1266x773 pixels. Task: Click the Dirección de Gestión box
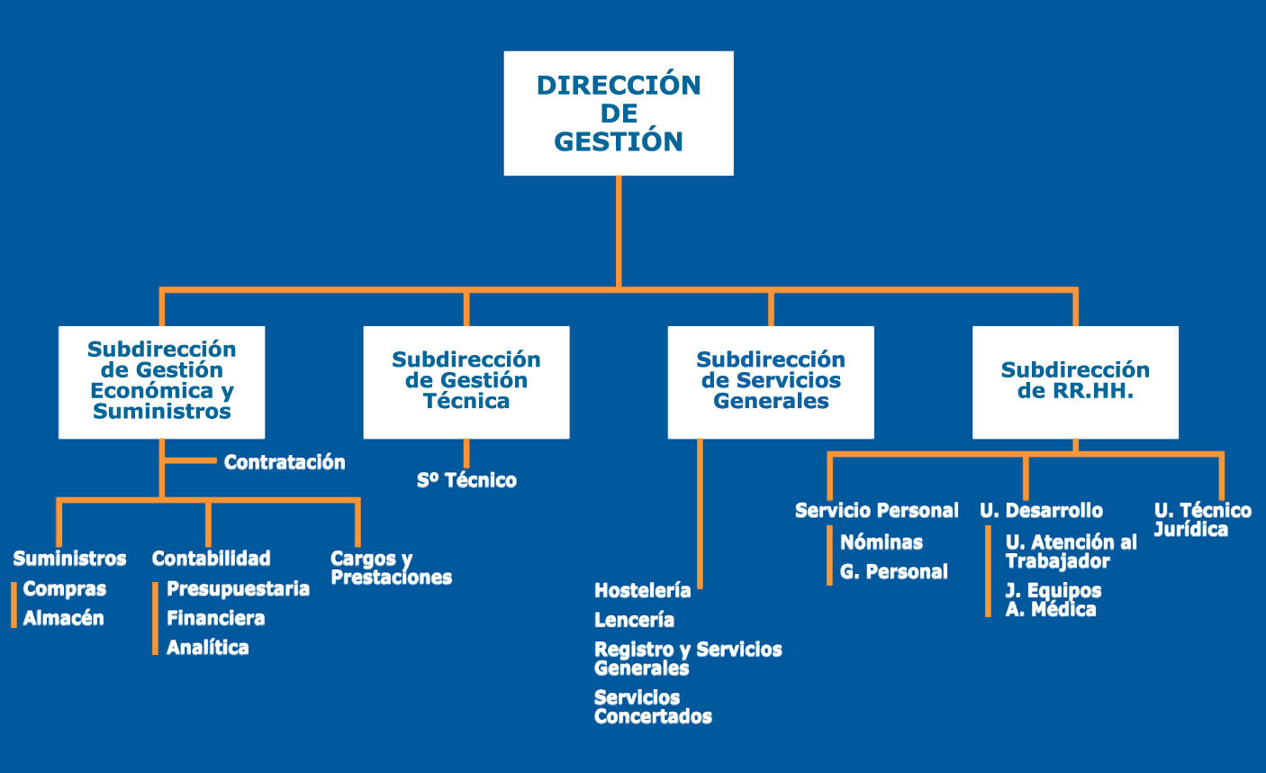619,114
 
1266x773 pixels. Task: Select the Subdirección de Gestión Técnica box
466,382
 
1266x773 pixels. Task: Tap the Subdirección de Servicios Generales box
771,382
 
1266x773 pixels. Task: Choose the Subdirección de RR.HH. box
1075,382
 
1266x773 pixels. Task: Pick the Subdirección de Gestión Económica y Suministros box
162,382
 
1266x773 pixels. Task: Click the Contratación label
285,462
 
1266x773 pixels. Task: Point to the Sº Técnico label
466,480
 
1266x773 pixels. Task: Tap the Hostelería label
643,590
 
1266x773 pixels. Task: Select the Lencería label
634,620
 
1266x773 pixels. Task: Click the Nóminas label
882,542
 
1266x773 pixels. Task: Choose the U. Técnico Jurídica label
1203,520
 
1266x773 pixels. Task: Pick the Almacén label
63,618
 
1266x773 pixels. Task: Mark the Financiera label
215,618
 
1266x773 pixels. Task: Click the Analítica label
207,648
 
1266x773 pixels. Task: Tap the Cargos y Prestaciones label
391,568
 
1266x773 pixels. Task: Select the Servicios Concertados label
653,707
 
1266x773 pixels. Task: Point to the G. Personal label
893,572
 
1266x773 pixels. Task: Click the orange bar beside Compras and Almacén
14,605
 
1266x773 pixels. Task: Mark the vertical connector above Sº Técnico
466,453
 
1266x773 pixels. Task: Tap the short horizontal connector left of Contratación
191,461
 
